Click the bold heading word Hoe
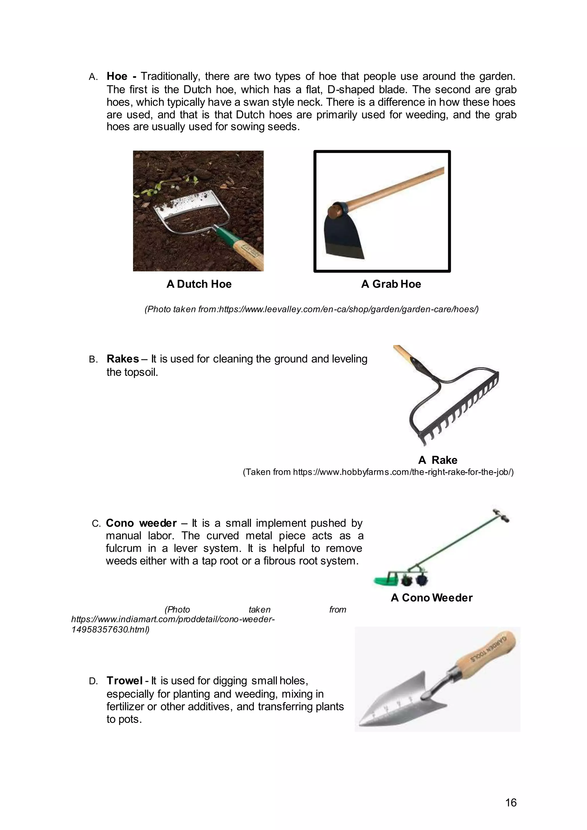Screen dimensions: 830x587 coord(117,76)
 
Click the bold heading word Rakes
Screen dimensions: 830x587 coord(123,359)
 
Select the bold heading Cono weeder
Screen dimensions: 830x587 coord(141,523)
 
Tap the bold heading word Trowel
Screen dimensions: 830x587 coord(124,681)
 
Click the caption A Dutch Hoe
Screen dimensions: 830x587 coord(199,284)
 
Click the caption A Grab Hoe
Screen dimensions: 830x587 coord(391,284)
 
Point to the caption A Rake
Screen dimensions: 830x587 coord(437,460)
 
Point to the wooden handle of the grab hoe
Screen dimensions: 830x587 coord(398,188)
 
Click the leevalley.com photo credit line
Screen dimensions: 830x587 coord(311,310)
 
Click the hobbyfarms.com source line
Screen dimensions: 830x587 coord(378,472)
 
